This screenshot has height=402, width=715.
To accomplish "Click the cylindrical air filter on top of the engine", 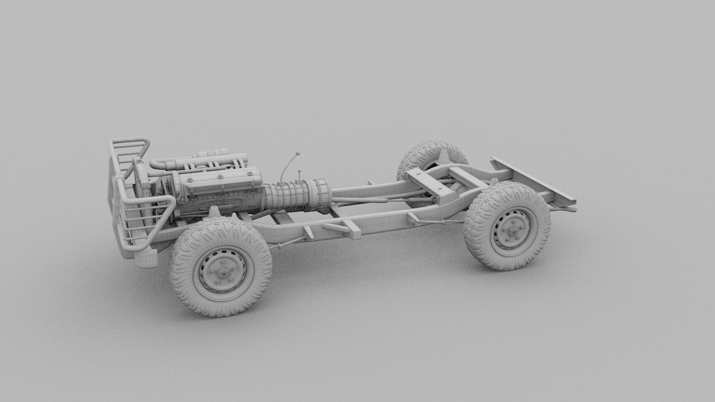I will pyautogui.click(x=213, y=153).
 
